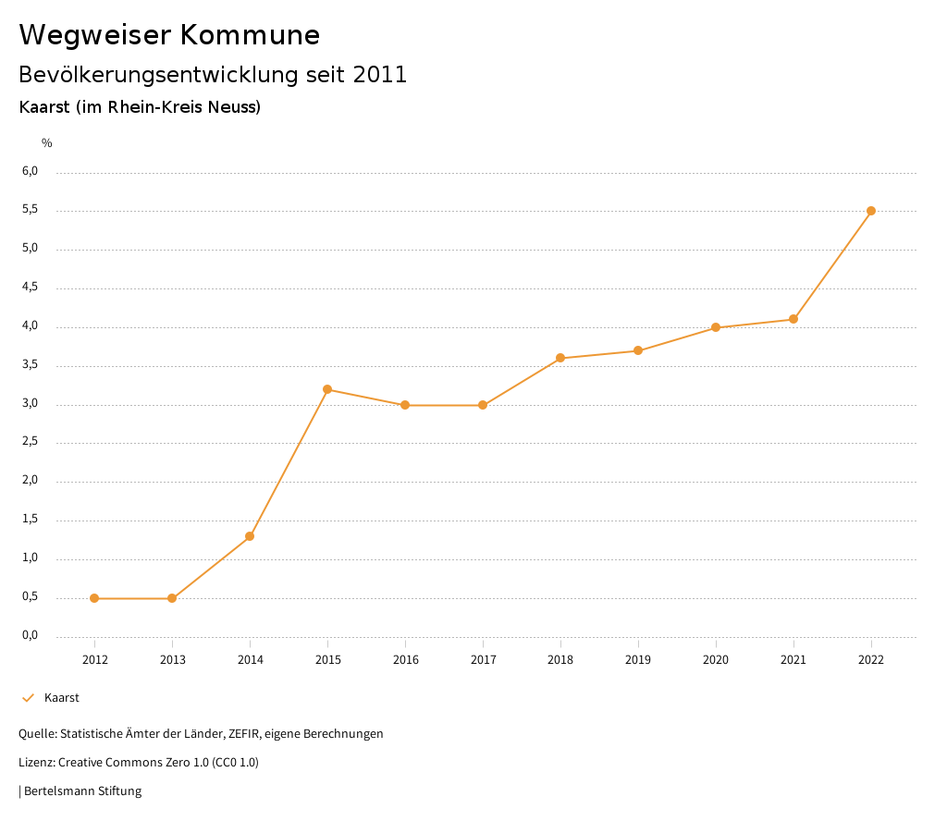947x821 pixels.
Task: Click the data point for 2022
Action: point(871,211)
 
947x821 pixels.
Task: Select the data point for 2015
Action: point(327,389)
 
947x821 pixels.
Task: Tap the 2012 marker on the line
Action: point(94,598)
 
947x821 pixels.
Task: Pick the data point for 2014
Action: point(250,536)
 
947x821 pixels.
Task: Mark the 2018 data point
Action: point(560,358)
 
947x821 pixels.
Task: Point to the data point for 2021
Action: point(793,319)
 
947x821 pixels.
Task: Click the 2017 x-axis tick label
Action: point(483,659)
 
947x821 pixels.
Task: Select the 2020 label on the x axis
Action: point(716,659)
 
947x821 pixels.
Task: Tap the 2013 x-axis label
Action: point(172,659)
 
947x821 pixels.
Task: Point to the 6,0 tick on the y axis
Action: point(30,171)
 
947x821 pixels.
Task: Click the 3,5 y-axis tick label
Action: point(30,365)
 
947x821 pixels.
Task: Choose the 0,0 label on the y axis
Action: point(30,635)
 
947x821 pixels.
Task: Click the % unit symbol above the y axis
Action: point(47,142)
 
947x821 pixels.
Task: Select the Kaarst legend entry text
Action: point(62,698)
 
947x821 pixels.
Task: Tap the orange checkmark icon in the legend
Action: point(28,698)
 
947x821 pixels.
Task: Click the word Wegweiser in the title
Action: point(95,34)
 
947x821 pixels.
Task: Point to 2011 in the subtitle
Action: point(380,75)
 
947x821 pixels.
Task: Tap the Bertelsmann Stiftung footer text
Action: point(82,791)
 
